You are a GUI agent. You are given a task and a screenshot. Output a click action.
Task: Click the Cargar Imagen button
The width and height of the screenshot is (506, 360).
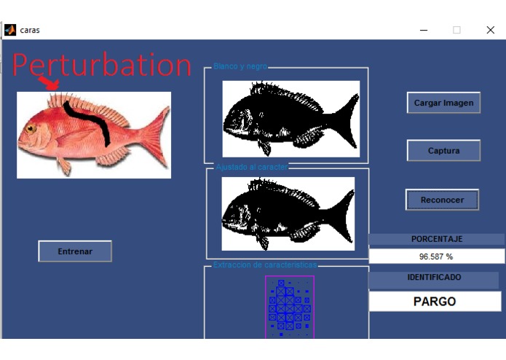point(443,103)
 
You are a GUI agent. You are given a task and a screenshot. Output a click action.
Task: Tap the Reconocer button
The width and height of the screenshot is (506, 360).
point(442,200)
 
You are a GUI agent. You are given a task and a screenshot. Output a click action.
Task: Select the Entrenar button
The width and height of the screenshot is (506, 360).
point(75,251)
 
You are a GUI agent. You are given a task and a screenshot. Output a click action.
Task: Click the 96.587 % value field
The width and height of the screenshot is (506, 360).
point(436,257)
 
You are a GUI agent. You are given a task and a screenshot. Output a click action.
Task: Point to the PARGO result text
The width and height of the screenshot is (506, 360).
point(435,301)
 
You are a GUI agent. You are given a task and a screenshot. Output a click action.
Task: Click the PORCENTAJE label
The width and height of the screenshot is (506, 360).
point(436,239)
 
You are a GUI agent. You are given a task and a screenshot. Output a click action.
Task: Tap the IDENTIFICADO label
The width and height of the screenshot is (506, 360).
point(434,278)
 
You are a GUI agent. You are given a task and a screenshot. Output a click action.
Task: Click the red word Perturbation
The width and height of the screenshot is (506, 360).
point(101,65)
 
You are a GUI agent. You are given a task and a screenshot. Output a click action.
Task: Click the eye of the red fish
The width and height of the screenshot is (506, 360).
point(31,129)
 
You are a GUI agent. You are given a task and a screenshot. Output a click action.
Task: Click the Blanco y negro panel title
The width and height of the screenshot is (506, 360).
point(240,66)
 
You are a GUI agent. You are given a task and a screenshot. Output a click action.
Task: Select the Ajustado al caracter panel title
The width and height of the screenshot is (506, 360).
point(252,167)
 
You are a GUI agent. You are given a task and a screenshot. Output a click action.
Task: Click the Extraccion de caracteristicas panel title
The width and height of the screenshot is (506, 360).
point(265,265)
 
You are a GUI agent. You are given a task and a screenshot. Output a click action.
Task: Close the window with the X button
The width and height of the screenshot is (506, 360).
point(490,30)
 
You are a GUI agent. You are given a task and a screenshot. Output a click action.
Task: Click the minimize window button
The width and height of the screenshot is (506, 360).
point(424,30)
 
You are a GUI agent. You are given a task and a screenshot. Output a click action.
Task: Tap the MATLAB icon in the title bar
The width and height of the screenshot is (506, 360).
point(10,30)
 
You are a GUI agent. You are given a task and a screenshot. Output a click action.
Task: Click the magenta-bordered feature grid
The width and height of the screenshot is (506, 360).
point(289,307)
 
